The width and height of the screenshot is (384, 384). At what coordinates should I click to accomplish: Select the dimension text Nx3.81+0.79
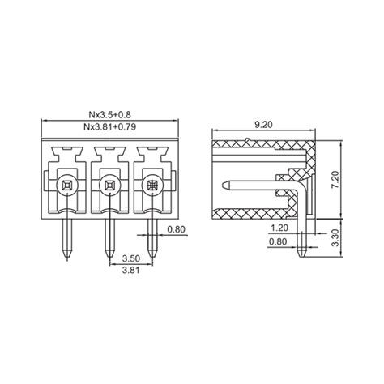(x=108, y=128)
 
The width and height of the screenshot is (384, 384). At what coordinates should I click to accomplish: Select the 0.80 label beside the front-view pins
(x=177, y=229)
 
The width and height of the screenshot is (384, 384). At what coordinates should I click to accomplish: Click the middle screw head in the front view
(x=108, y=186)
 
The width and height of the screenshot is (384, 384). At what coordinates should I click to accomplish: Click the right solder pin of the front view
(x=151, y=235)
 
